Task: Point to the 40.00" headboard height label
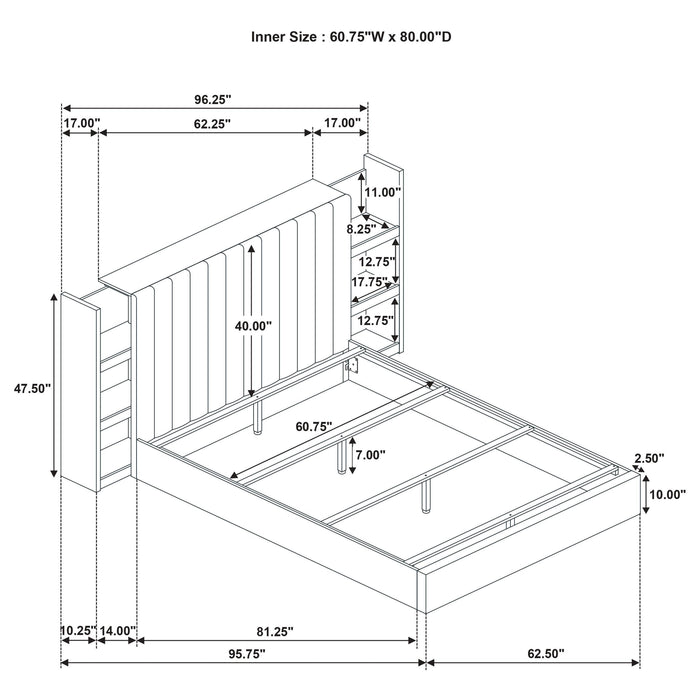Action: point(251,326)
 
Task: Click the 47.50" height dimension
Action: point(27,385)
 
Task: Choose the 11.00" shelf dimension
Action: point(383,191)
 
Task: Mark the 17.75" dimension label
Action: point(369,282)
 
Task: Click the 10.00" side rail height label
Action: point(667,494)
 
